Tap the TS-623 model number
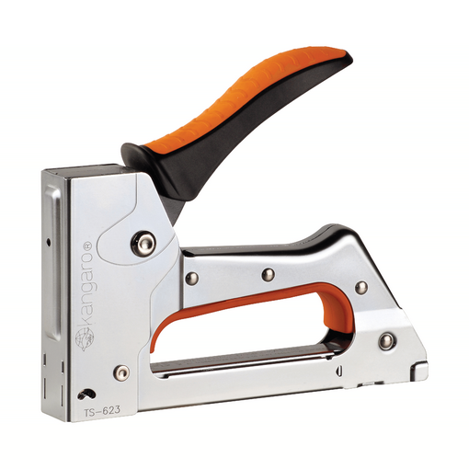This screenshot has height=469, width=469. tap(102, 411)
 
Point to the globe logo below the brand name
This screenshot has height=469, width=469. tap(85, 337)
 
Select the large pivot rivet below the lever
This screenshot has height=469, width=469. tap(143, 244)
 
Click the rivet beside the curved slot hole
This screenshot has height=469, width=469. tap(121, 372)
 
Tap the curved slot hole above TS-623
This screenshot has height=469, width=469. tap(86, 395)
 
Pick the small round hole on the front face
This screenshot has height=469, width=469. tap(49, 243)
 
